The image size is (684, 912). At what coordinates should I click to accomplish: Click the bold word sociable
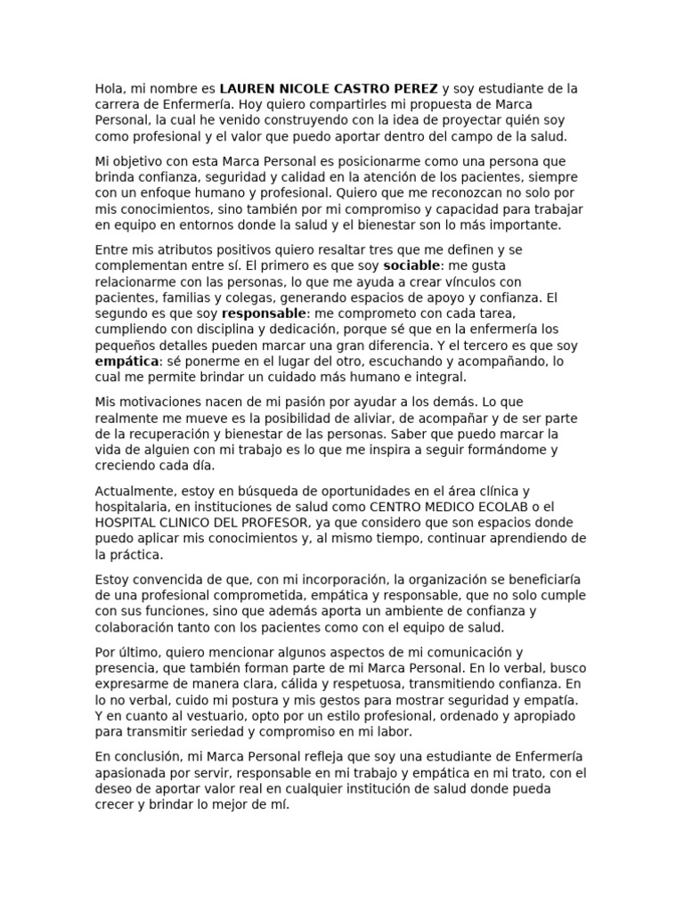(411, 265)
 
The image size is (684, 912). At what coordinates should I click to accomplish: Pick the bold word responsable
(264, 313)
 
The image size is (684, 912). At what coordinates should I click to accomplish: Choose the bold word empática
(126, 362)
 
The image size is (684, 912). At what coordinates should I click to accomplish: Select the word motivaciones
(158, 402)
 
